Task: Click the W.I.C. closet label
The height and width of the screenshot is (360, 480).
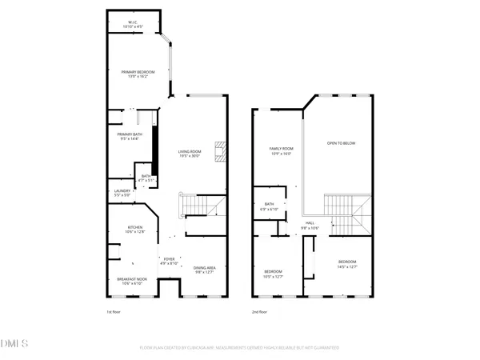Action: point(132,24)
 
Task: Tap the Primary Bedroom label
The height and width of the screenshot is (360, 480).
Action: point(138,74)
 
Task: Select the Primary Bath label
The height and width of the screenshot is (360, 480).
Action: point(130,136)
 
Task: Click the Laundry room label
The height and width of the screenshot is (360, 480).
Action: point(122,192)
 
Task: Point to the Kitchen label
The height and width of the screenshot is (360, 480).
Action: point(135,230)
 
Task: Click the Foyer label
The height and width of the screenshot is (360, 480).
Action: point(169,261)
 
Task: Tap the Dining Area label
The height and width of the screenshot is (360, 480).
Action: point(206,270)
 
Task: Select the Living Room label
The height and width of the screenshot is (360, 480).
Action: point(190,154)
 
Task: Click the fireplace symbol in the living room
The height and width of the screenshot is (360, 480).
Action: point(220,151)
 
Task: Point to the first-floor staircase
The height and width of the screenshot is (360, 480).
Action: point(198,206)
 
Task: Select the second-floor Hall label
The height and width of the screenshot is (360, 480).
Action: point(309,226)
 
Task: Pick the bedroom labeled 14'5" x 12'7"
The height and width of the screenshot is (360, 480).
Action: point(346,264)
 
